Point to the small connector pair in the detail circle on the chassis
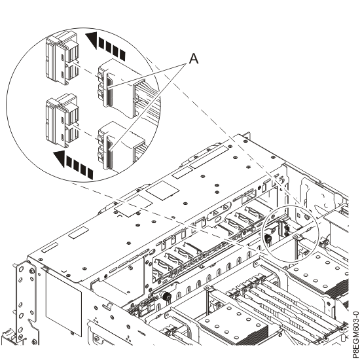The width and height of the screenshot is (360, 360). (x=286, y=229)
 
